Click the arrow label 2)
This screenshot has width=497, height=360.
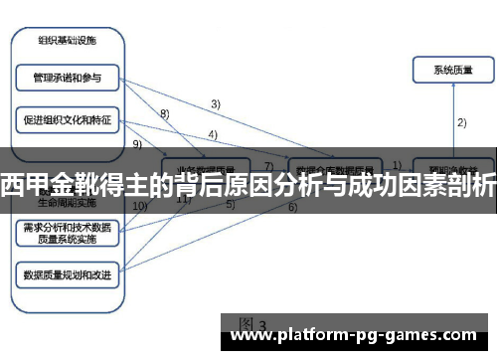(x=462, y=123)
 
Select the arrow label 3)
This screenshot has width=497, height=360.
(x=215, y=102)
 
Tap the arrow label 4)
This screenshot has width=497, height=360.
(x=213, y=134)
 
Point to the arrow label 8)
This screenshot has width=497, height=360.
(x=165, y=114)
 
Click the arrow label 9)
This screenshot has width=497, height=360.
(x=137, y=144)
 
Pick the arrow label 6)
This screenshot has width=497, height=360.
(x=293, y=207)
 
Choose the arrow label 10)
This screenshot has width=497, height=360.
(x=139, y=206)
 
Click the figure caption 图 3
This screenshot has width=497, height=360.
(x=253, y=324)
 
